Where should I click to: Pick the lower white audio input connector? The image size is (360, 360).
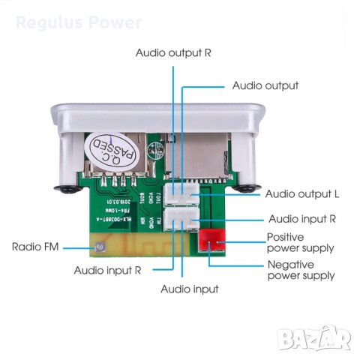[182, 220]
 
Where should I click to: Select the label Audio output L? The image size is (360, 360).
[302, 193]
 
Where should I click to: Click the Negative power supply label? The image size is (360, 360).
[301, 270]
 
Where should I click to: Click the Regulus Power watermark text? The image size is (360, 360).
[79, 22]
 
